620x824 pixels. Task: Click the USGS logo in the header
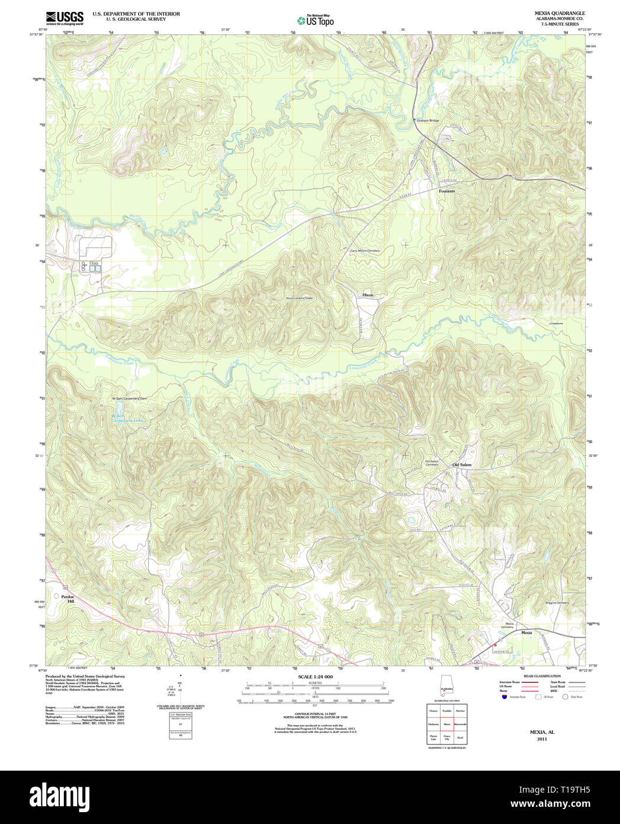tap(64, 17)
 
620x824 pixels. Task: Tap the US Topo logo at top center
tap(315, 20)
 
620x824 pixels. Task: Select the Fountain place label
tap(446, 191)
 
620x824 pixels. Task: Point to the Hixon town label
tap(368, 295)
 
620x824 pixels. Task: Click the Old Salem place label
tap(462, 465)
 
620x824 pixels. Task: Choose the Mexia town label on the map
tap(526, 633)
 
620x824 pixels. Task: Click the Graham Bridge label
tap(428, 120)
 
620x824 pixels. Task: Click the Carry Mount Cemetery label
tap(365, 251)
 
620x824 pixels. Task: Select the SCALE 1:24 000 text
tap(315, 676)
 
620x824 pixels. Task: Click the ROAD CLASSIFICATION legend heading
tap(541, 676)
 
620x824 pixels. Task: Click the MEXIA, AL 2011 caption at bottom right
tap(542, 736)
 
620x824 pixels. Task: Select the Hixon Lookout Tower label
tap(298, 298)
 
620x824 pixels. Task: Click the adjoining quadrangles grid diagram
tap(446, 724)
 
